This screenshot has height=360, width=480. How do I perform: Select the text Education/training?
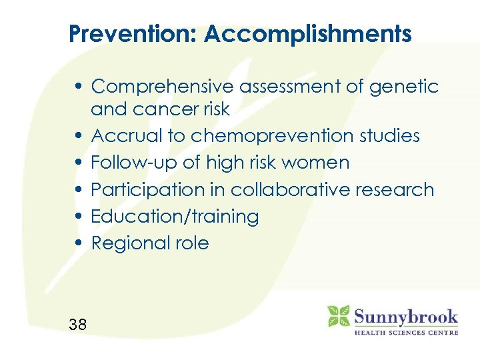[x=175, y=217]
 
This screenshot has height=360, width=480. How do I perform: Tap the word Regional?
[x=125, y=243]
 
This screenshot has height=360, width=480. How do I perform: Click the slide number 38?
[x=77, y=325]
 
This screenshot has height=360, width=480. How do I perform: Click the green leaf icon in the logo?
[x=338, y=316]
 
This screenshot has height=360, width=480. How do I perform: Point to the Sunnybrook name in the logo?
[x=405, y=316]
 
